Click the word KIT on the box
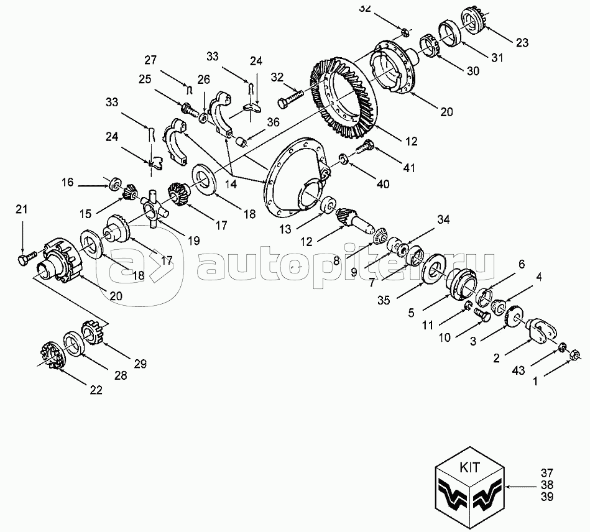(x=470, y=467)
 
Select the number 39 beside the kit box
(x=547, y=497)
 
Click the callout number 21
(x=21, y=209)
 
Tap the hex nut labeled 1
(x=575, y=354)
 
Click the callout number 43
(x=519, y=370)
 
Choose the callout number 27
(x=150, y=60)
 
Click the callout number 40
(x=383, y=184)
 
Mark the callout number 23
(x=522, y=42)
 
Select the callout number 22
(x=96, y=390)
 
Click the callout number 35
(x=384, y=300)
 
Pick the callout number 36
(x=274, y=122)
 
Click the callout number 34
(x=443, y=220)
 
